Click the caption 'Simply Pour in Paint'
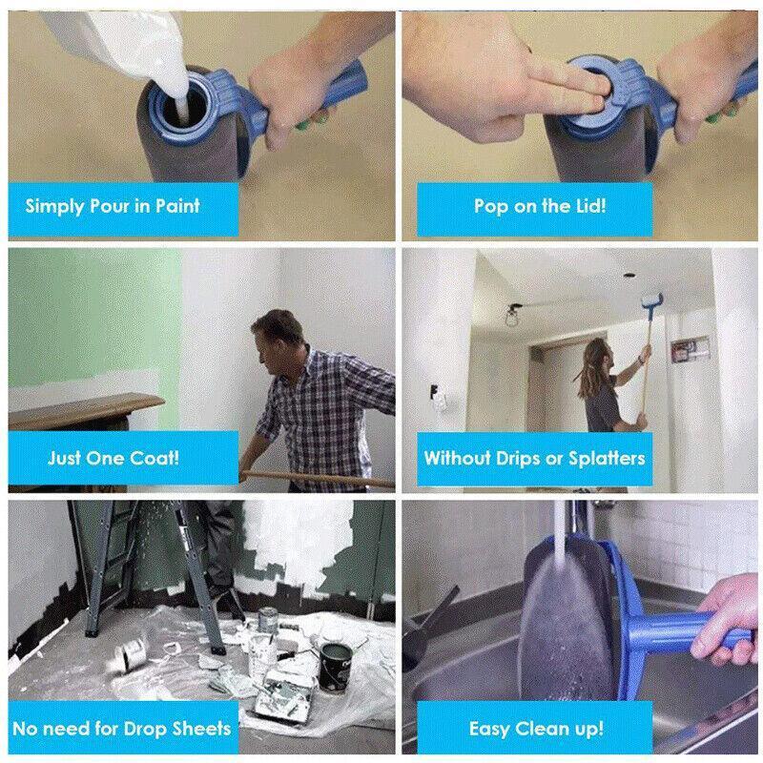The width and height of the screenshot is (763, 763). [x=113, y=205]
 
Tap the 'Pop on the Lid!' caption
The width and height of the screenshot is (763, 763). [x=539, y=205]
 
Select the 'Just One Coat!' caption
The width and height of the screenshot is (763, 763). [x=113, y=457]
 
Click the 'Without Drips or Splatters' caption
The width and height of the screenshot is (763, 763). [x=534, y=458]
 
